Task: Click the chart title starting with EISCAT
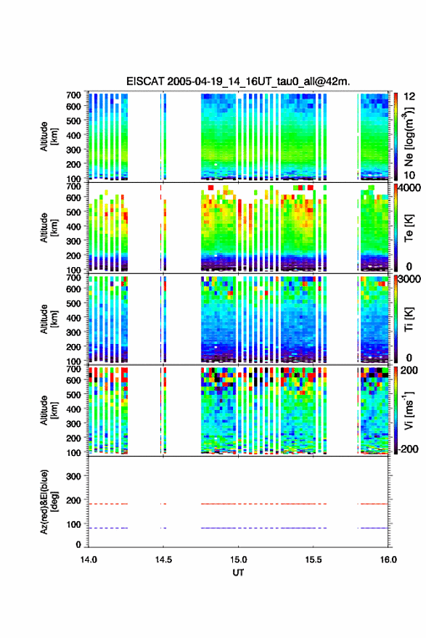point(238,81)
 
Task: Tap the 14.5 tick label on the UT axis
point(163,560)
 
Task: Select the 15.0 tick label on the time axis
point(239,560)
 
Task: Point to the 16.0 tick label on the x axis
point(388,560)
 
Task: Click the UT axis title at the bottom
point(239,573)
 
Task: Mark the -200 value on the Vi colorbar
point(408,449)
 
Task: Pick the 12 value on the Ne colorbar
point(410,97)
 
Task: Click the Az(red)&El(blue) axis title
point(49,502)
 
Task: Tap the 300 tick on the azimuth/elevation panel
point(73,476)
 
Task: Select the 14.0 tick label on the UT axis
point(89,560)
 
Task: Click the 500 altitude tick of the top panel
point(73,120)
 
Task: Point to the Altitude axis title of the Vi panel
point(49,410)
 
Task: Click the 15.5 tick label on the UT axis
point(314,560)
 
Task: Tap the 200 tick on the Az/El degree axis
point(73,501)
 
